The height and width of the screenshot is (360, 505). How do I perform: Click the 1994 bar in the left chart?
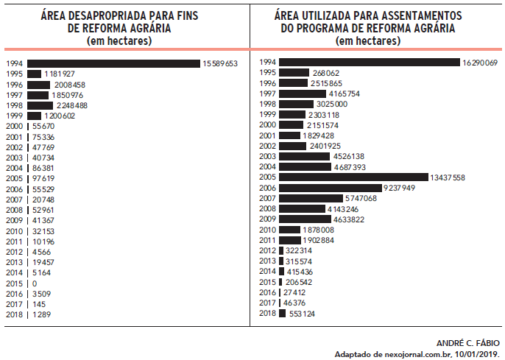(113, 64)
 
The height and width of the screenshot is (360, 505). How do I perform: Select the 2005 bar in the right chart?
(353, 177)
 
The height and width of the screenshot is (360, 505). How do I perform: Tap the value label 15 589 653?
(220, 64)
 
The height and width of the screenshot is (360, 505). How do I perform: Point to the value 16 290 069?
(481, 63)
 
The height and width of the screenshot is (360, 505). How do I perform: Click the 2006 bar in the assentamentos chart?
(331, 188)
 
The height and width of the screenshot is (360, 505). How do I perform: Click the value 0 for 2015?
(34, 283)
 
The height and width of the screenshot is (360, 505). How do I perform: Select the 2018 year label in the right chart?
(267, 313)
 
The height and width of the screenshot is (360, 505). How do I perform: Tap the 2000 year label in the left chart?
(14, 127)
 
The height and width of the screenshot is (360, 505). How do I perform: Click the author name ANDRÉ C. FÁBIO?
(467, 343)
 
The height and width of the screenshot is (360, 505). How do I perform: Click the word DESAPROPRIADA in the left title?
(114, 15)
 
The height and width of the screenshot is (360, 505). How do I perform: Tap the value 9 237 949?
(405, 188)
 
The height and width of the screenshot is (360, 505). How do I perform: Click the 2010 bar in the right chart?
(291, 230)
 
